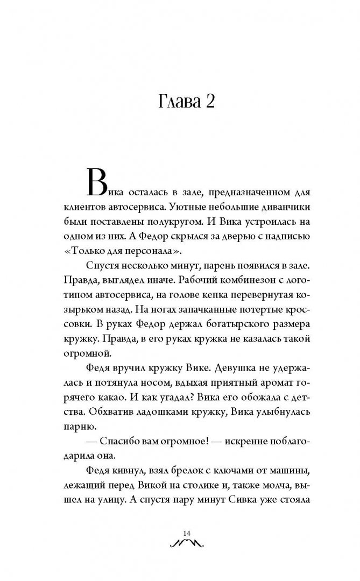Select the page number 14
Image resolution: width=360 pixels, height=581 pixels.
coord(187,533)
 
